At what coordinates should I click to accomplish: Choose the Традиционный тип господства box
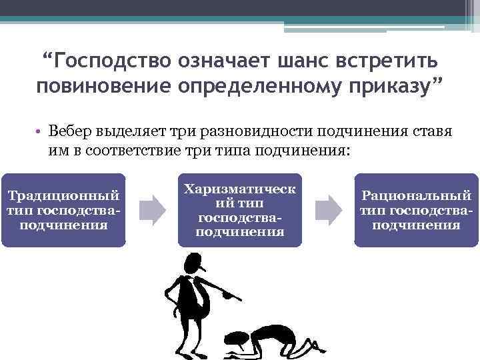[x=63, y=210]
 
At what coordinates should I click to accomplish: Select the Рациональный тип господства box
[x=416, y=210]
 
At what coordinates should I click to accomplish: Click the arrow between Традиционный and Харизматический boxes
[x=153, y=209]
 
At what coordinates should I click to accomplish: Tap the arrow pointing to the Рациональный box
[x=328, y=209]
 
